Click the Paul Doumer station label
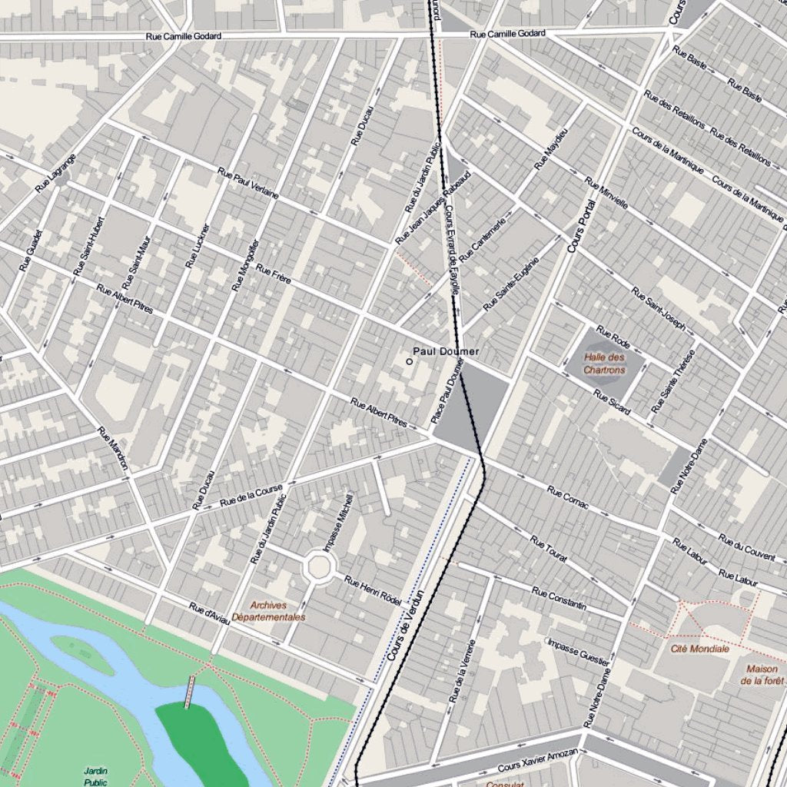[x=446, y=351]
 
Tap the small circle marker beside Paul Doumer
[x=409, y=360]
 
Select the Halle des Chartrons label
[x=604, y=364]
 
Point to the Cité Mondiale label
[x=699, y=649]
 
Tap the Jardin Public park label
[x=96, y=776]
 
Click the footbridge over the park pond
[x=188, y=692]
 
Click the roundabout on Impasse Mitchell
[x=317, y=566]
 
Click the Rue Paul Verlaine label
[x=247, y=183]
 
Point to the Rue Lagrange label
[x=56, y=172]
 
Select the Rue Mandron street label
[x=112, y=448]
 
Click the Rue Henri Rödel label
[x=372, y=590]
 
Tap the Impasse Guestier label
[x=579, y=653]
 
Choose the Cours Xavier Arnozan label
[x=537, y=760]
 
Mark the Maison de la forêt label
[x=762, y=674]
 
